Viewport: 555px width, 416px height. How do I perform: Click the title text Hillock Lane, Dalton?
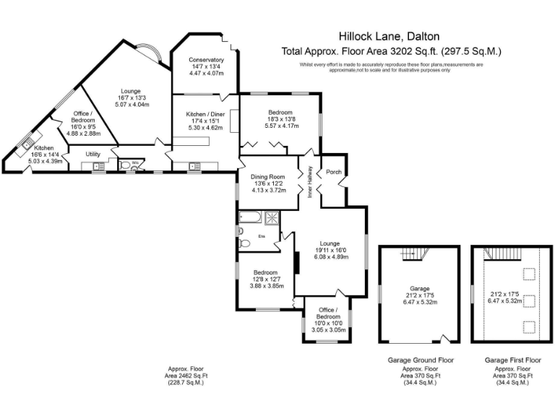click(389, 35)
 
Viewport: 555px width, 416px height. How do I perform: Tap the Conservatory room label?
click(206, 59)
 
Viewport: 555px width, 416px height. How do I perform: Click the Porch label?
click(334, 172)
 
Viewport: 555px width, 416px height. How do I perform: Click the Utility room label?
click(92, 154)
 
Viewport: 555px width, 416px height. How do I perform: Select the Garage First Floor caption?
click(512, 359)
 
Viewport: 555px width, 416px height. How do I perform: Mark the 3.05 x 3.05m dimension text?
click(327, 329)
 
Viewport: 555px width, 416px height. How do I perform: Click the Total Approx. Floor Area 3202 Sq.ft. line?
click(391, 51)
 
